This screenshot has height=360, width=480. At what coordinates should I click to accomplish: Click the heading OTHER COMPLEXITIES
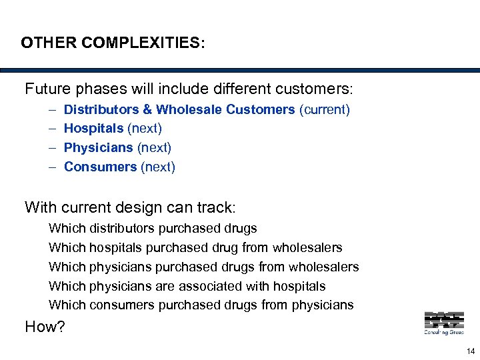click(x=113, y=43)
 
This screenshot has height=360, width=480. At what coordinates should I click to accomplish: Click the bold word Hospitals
click(x=93, y=128)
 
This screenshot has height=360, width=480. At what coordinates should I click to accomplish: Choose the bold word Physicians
click(x=98, y=147)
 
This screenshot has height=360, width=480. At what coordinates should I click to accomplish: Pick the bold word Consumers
click(x=100, y=167)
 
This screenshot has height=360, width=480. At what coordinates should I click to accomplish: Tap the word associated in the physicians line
click(x=236, y=286)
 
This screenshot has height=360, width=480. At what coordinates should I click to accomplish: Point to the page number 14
click(x=471, y=351)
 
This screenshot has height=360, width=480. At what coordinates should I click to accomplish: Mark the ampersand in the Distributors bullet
click(x=146, y=109)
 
